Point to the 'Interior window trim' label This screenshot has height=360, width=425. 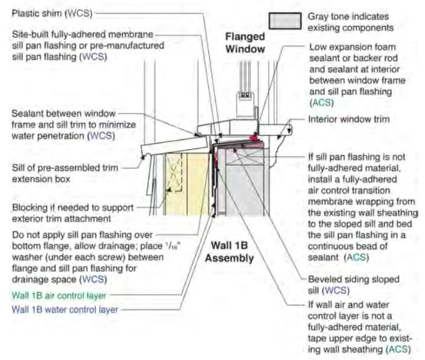[x=356, y=119]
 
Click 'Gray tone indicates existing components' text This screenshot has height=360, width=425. [x=348, y=22]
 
